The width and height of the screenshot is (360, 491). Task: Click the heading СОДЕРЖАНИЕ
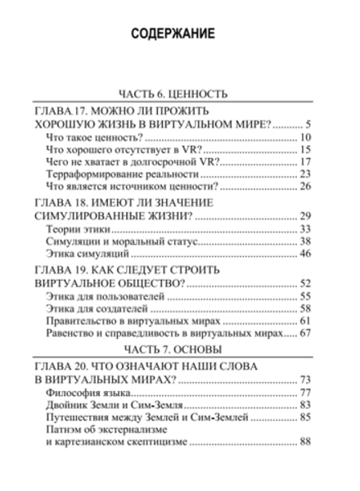tap(179, 36)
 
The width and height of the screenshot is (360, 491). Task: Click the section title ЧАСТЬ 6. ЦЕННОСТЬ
tap(179, 93)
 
